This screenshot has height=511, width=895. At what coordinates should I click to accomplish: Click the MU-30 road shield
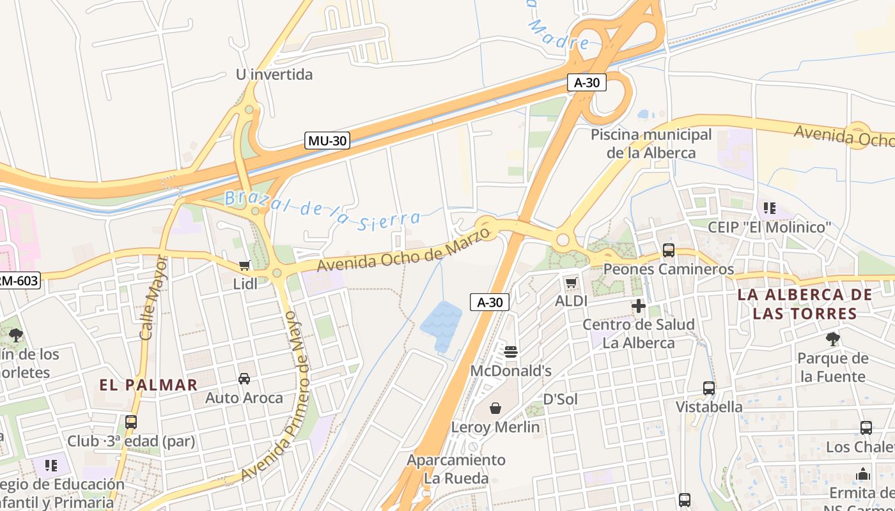click(327, 141)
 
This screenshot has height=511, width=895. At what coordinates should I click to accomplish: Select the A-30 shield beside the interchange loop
click(587, 82)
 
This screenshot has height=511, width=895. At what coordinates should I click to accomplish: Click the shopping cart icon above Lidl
click(244, 265)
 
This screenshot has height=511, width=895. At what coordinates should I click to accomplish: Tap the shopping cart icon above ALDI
click(571, 282)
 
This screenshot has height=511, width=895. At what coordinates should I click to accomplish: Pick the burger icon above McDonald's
click(510, 352)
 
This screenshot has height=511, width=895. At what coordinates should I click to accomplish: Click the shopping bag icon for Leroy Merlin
click(495, 408)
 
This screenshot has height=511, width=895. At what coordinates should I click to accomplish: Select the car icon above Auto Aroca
click(244, 379)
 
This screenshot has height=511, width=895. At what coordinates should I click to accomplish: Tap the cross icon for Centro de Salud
click(638, 306)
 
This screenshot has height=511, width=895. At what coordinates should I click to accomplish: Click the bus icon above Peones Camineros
click(669, 250)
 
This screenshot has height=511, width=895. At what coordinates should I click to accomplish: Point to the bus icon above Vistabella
click(709, 388)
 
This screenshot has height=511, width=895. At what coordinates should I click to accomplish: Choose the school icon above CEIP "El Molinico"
click(769, 208)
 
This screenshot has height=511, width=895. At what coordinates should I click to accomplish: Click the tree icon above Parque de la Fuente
click(832, 339)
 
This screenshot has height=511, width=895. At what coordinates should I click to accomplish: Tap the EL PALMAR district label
click(148, 385)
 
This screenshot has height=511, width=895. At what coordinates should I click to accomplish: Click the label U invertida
click(274, 75)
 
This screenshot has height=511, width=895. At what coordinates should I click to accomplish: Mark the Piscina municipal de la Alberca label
click(651, 144)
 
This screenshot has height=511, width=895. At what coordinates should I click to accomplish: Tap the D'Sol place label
click(560, 399)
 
